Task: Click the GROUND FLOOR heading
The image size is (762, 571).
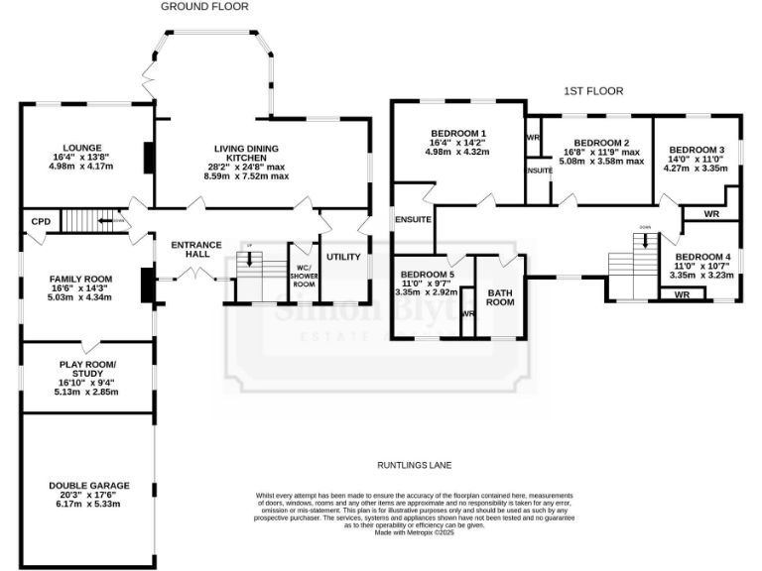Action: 204,6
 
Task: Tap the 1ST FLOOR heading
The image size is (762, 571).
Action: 593,91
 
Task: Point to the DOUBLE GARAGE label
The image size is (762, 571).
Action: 89,485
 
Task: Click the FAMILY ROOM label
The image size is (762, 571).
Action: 81,280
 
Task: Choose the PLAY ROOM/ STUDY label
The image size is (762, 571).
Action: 87,368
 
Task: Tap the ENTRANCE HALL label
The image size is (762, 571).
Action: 195,250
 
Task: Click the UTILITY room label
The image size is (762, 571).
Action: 343,257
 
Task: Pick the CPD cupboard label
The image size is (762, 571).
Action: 41,222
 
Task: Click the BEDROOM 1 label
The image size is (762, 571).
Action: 457,133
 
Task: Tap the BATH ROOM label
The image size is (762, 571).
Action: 499,295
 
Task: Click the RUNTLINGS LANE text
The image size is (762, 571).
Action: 415,464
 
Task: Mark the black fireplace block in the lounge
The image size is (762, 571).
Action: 148,158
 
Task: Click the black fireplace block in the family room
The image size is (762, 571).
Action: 147,285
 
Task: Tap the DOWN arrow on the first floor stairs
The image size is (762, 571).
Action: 645,239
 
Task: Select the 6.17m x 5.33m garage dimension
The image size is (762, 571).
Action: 89,504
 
